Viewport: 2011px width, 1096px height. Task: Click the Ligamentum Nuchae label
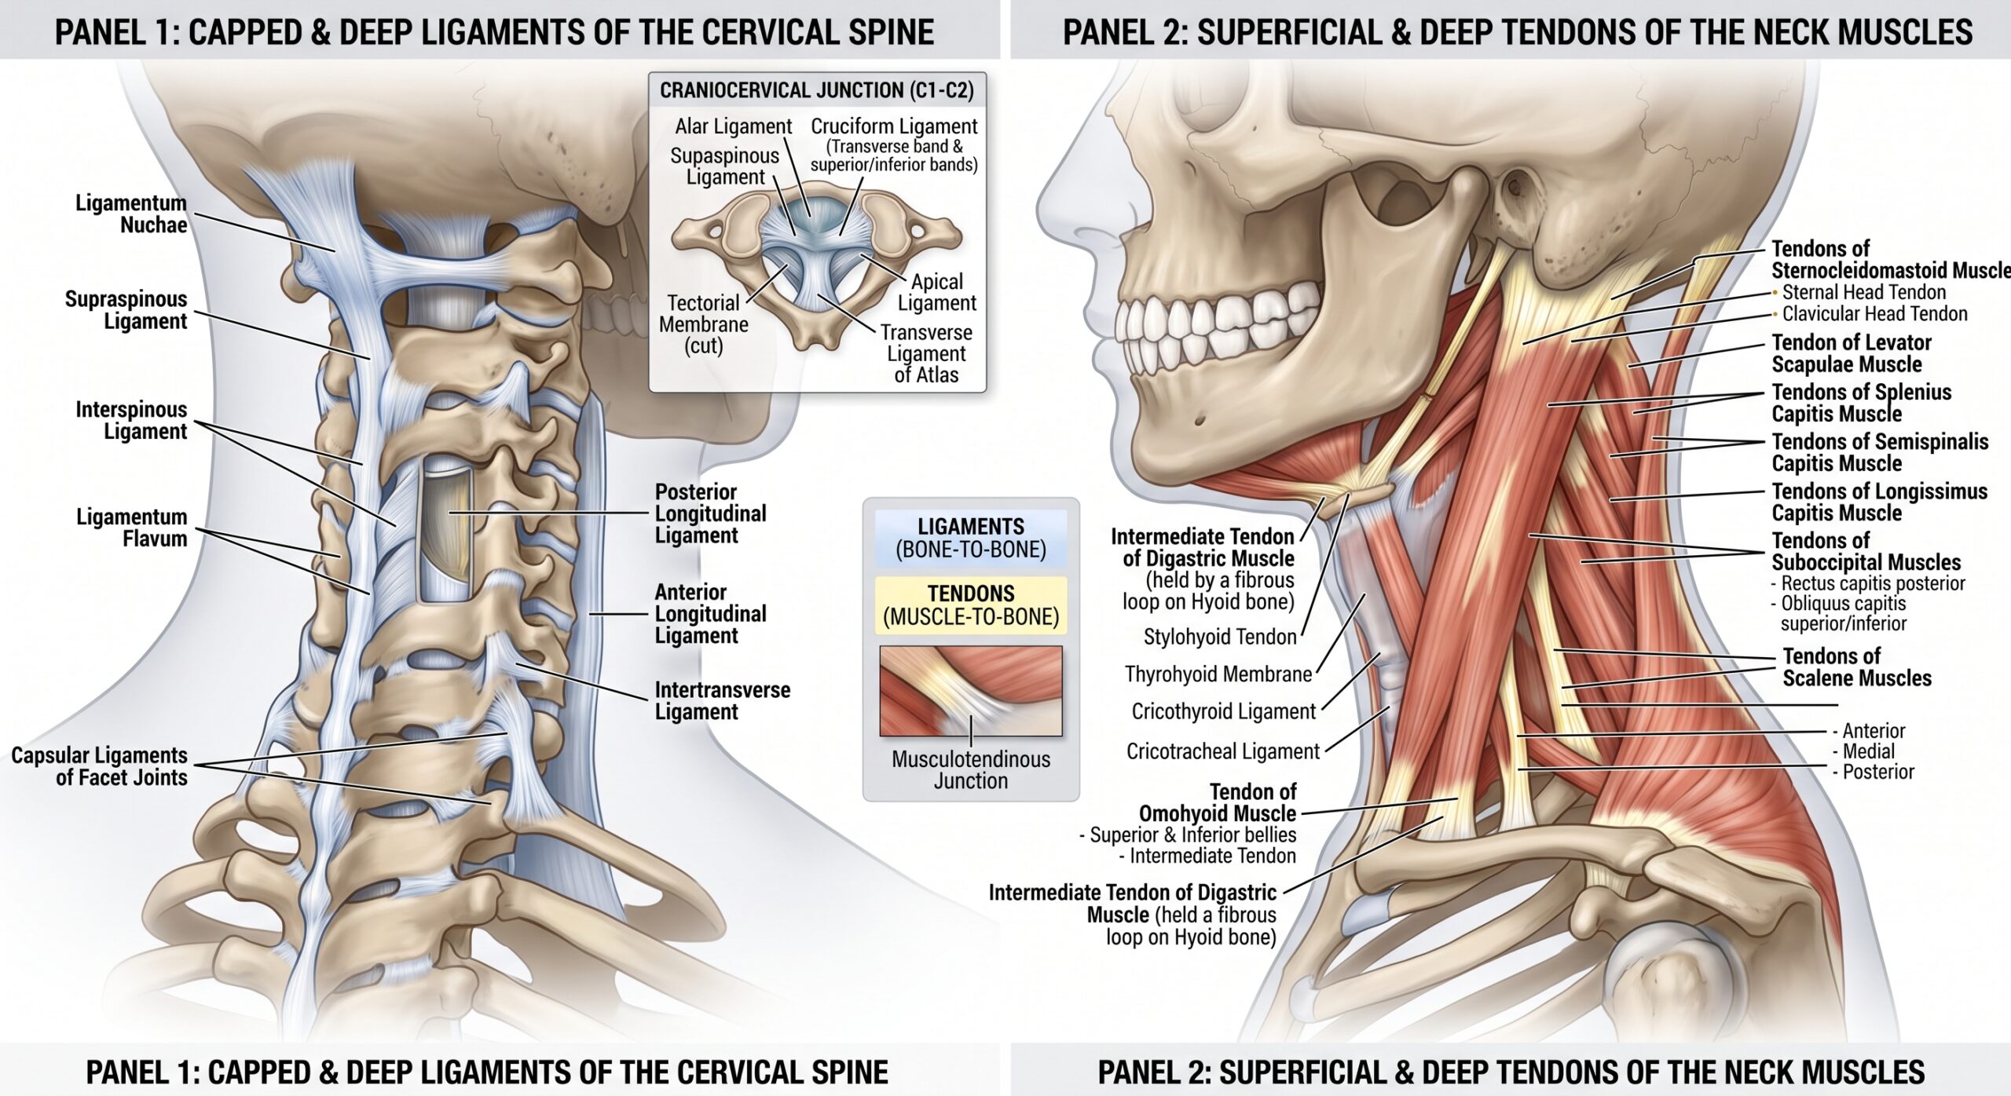(x=131, y=214)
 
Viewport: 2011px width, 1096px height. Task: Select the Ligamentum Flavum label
(x=131, y=528)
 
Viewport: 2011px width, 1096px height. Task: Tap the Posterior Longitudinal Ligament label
(x=710, y=513)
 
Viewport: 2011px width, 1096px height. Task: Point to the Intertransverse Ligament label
(x=722, y=700)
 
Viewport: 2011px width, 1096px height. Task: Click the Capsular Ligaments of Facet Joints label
(x=99, y=766)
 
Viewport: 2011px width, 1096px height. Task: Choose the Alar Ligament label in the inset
(x=734, y=126)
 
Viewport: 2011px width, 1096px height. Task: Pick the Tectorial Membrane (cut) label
(x=703, y=324)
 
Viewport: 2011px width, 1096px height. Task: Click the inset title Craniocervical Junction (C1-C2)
(x=817, y=90)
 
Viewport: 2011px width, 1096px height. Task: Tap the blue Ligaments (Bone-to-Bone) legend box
(x=971, y=539)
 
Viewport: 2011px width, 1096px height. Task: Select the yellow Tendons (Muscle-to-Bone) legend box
(x=971, y=605)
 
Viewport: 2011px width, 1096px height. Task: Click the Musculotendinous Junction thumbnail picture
(x=971, y=691)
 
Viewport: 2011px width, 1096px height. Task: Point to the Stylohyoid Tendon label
(x=1219, y=637)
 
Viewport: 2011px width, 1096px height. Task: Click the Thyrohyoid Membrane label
(x=1218, y=674)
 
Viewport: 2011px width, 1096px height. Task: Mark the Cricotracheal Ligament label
(x=1223, y=751)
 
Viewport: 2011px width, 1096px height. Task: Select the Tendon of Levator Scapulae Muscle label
(x=1851, y=353)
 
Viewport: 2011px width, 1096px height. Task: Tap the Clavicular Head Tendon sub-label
(x=1874, y=314)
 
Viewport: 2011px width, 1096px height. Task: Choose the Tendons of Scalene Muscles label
(x=1857, y=667)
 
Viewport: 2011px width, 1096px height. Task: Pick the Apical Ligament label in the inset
(x=936, y=292)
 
